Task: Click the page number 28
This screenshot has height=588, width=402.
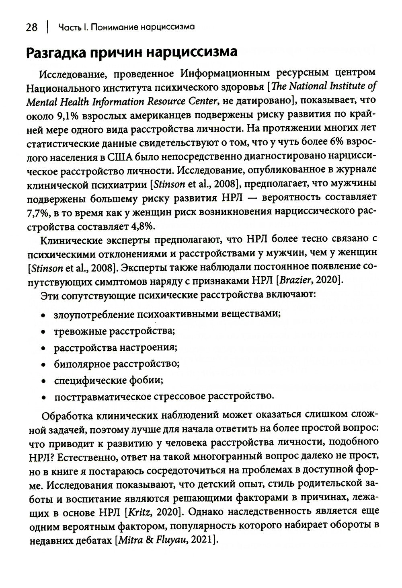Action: [32, 27]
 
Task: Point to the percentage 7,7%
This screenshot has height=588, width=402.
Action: [37, 211]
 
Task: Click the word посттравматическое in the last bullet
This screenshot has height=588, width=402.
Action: [102, 396]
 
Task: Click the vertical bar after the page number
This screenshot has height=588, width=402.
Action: [48, 27]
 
